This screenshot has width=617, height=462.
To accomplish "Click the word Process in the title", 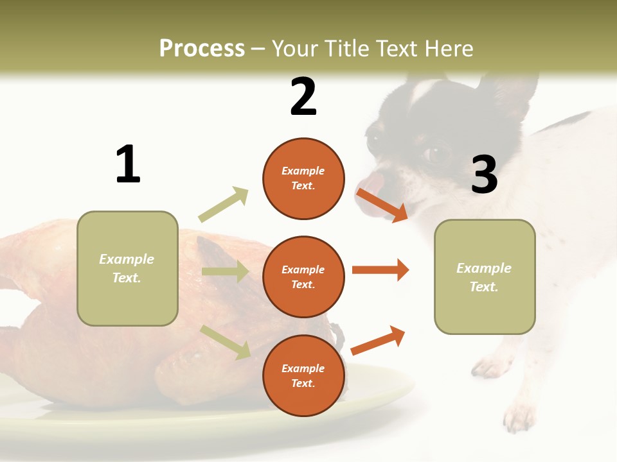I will [x=202, y=49].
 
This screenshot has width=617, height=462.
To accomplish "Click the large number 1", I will [x=128, y=164].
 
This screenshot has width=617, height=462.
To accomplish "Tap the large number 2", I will [x=303, y=97].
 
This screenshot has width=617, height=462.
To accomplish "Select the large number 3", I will [x=484, y=175].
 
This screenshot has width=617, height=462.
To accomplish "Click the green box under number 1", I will [x=127, y=268].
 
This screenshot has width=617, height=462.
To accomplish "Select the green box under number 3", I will [x=485, y=277].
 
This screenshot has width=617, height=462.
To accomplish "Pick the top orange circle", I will [x=303, y=178].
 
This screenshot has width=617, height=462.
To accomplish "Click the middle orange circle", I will [x=303, y=277].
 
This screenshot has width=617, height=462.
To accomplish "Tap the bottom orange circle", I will [x=303, y=375].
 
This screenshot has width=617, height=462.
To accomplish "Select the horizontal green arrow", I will [x=225, y=271].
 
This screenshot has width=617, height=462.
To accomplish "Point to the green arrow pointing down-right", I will [x=226, y=341].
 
